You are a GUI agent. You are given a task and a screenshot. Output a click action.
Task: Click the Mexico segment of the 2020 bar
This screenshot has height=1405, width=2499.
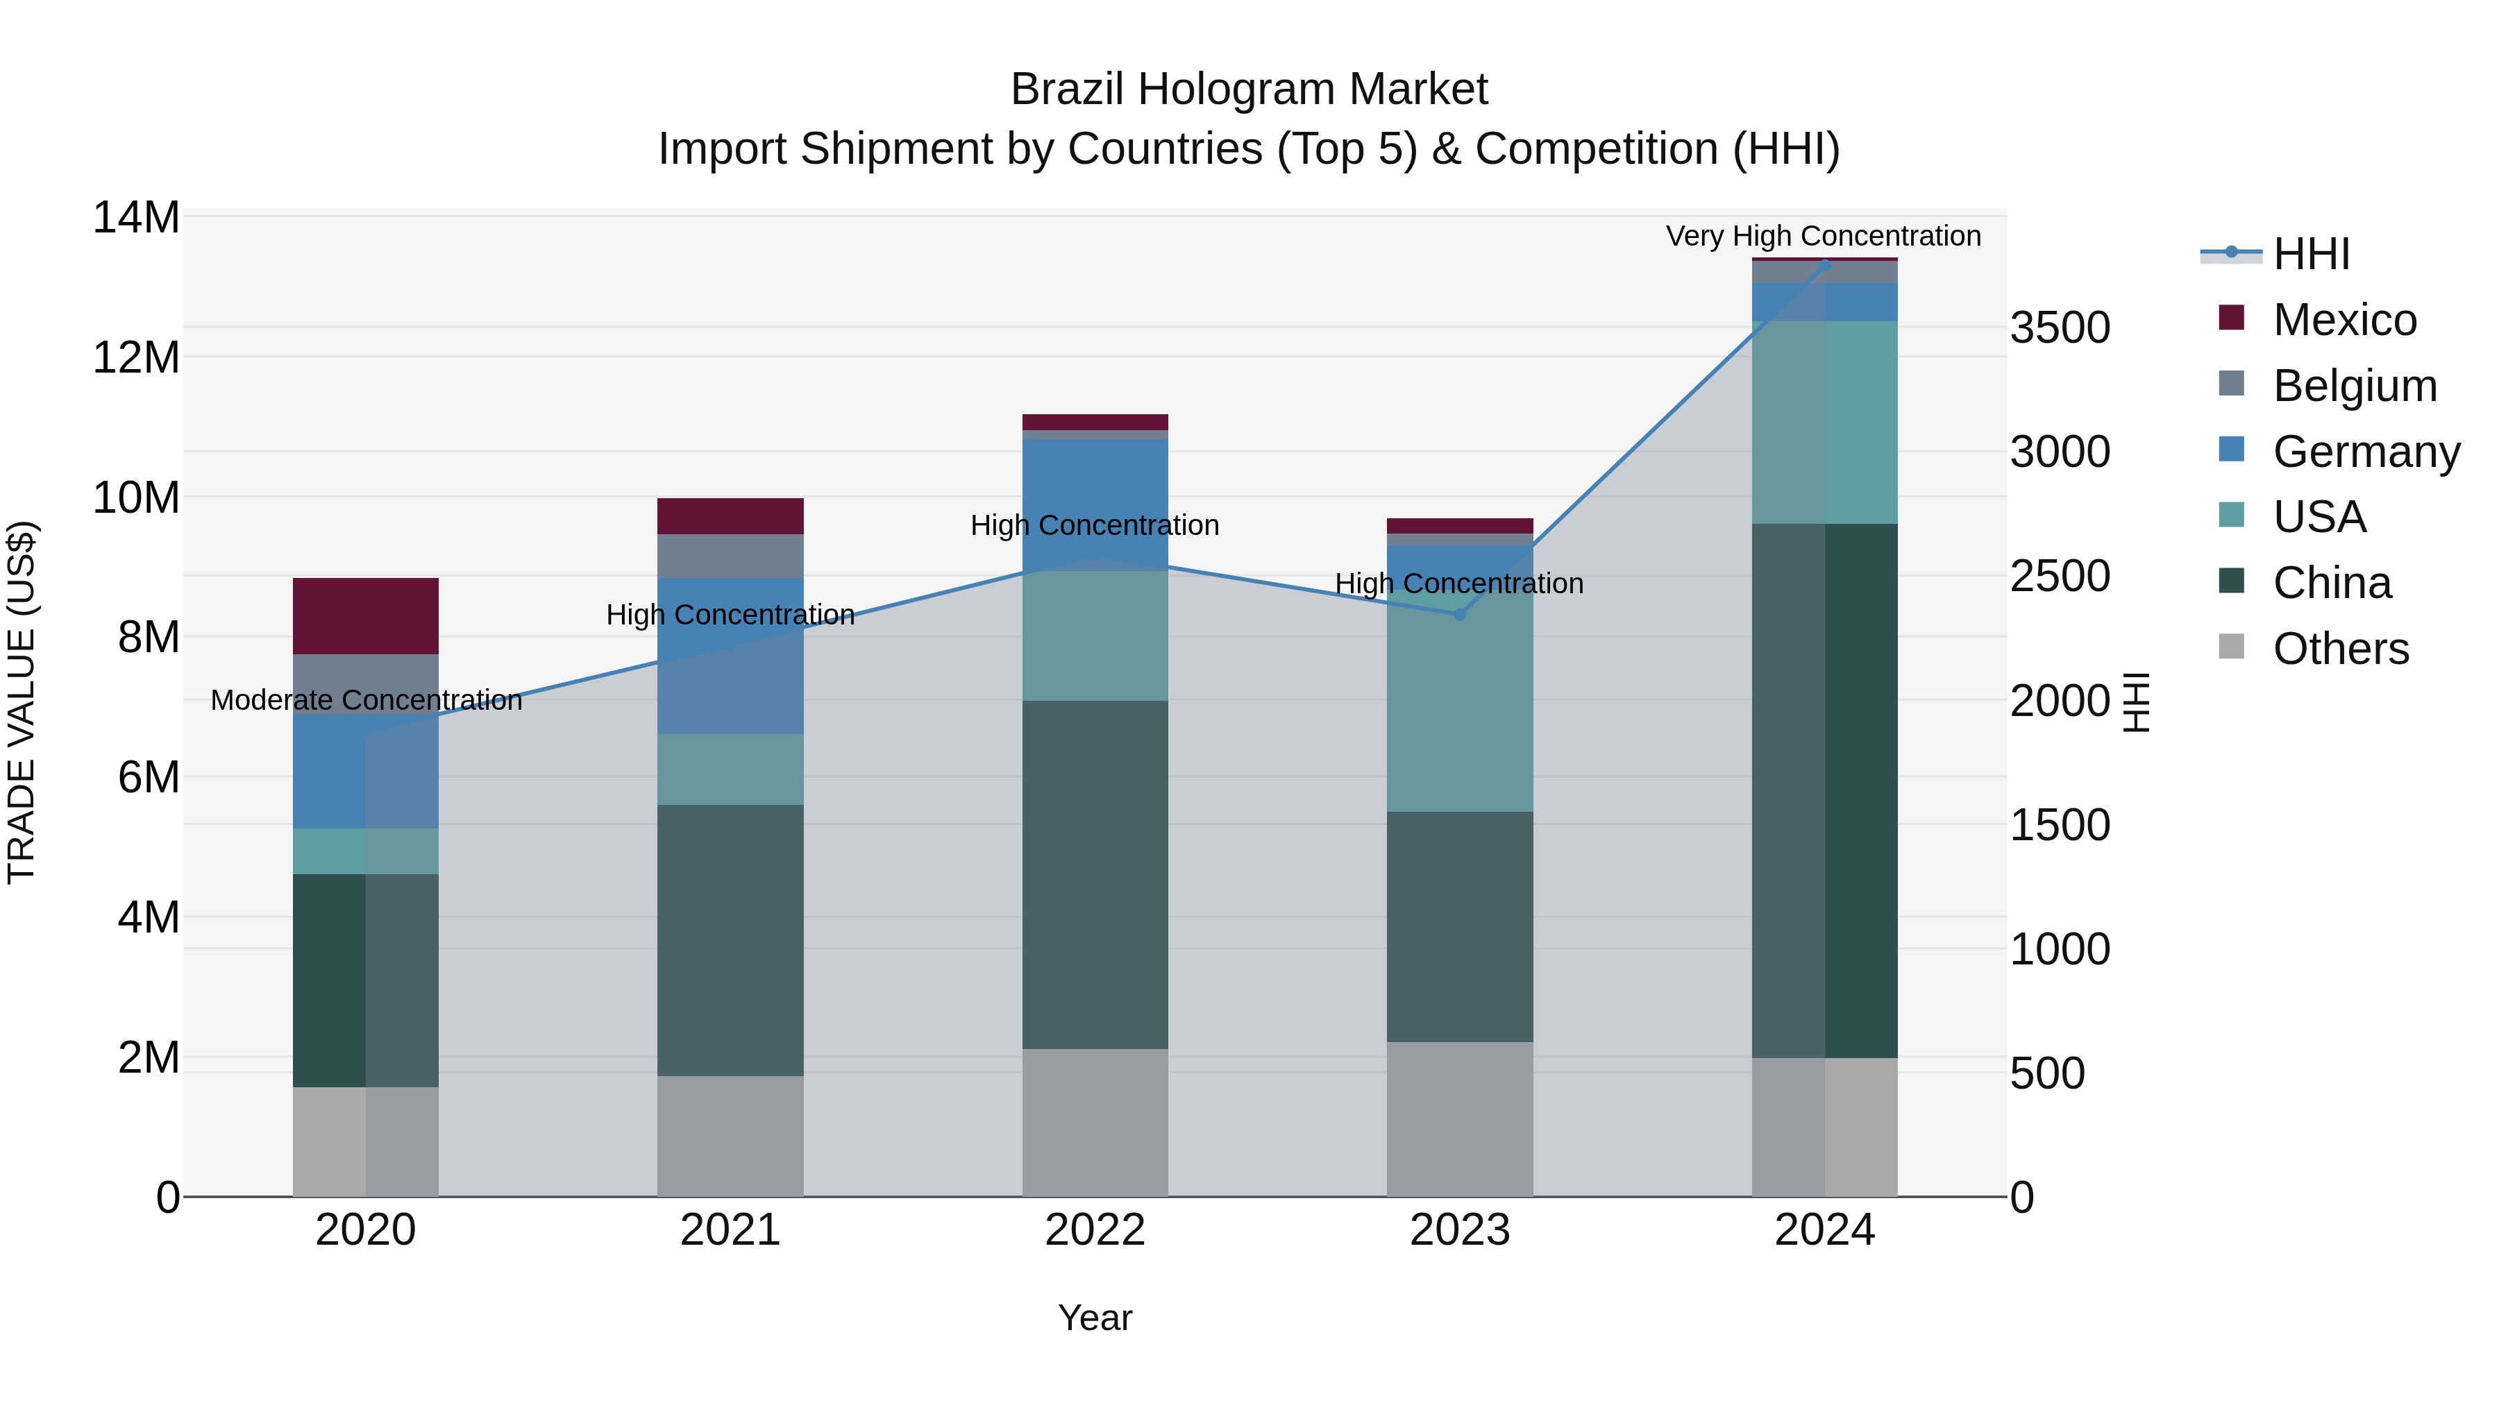point(366,615)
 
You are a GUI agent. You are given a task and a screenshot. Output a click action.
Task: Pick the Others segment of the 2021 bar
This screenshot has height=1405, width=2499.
point(730,1135)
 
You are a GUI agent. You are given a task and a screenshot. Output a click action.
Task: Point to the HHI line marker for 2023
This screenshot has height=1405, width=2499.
point(1459,614)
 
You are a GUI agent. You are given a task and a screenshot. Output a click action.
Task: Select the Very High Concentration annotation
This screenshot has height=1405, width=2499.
point(1823,236)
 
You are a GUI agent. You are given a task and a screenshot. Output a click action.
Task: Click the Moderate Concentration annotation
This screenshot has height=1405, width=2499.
point(366,699)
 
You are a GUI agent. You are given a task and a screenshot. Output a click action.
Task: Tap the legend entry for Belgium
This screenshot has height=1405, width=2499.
point(2355,385)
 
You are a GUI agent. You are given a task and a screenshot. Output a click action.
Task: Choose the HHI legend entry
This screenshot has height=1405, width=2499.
point(2311,254)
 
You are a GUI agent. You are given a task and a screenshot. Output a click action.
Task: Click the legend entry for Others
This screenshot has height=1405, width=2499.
point(2340,648)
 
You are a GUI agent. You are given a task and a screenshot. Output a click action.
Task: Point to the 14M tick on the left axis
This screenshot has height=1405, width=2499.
point(136,217)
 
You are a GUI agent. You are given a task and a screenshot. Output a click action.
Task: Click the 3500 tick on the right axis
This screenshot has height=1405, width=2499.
point(2060,327)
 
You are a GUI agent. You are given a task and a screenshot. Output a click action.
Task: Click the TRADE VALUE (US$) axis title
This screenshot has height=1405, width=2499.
point(22,701)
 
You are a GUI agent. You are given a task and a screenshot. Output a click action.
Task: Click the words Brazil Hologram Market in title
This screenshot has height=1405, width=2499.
point(1249,90)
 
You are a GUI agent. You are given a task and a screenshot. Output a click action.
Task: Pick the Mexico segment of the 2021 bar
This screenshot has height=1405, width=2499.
point(730,516)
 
